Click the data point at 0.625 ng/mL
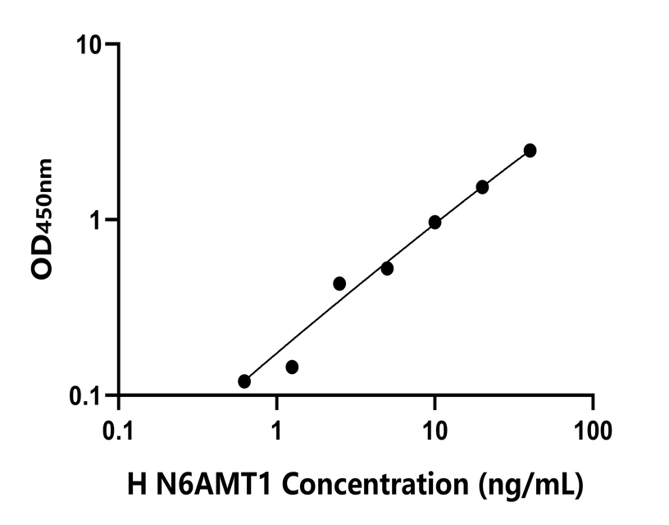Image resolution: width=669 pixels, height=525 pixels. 244,381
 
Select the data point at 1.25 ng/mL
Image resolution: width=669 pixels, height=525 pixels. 292,367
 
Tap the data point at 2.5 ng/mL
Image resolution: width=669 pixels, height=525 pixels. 339,284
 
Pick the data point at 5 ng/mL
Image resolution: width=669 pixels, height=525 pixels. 387,268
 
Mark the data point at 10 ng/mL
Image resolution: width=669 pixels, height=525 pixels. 435,222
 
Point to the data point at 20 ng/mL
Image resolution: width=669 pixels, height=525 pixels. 482,187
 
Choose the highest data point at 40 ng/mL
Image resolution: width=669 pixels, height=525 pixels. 530,150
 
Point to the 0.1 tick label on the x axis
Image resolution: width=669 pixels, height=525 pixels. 119,429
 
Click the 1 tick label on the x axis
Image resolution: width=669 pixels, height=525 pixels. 277,429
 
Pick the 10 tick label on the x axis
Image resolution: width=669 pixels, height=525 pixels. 435,429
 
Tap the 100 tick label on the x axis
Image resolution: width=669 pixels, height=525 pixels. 592,429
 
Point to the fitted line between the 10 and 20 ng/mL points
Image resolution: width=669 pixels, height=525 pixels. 458,203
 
